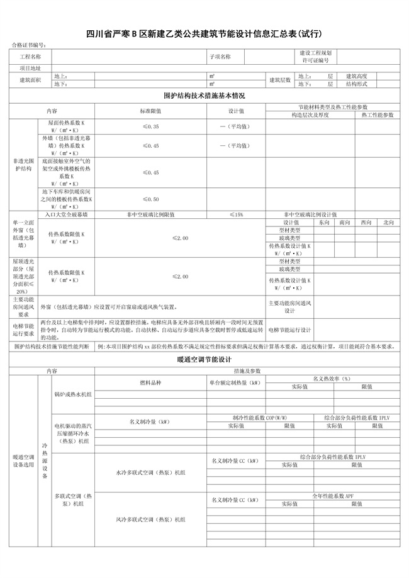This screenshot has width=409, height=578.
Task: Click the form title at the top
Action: click(x=204, y=33)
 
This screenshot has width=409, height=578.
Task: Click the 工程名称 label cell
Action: click(x=30, y=57)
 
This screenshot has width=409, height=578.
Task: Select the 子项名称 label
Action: click(x=220, y=57)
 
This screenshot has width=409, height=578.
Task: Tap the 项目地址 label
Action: click(x=30, y=68)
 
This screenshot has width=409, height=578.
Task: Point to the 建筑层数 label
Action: click(x=280, y=80)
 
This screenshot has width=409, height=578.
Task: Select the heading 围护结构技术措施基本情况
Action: click(x=204, y=96)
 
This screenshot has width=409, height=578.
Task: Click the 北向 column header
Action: click(x=388, y=222)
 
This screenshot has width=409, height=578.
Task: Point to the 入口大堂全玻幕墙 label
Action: click(x=67, y=214)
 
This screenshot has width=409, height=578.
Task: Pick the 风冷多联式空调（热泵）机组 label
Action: click(x=150, y=520)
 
